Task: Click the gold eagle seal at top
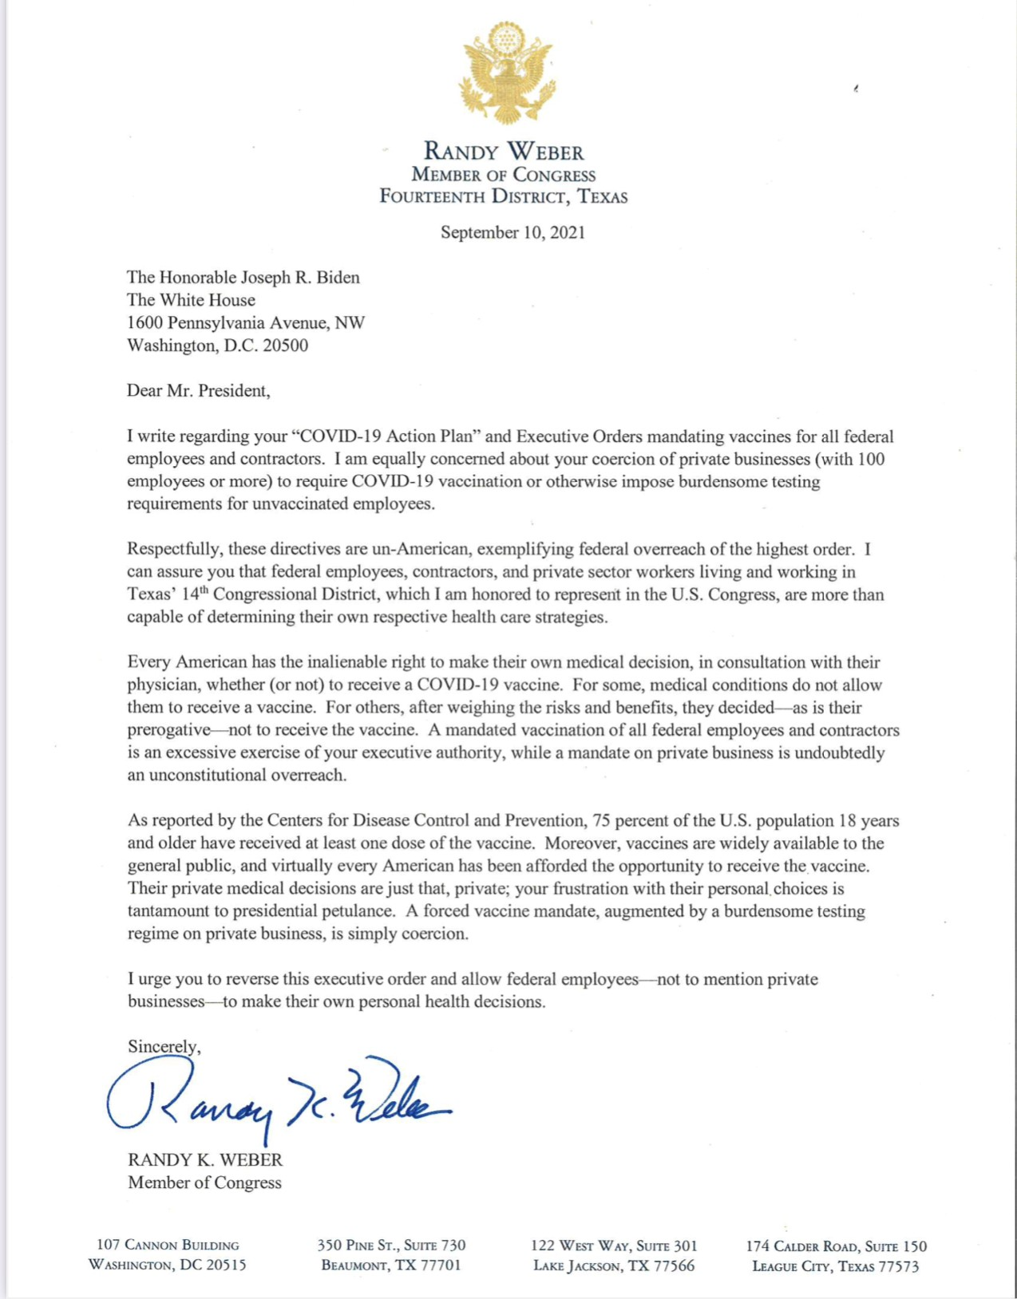506,73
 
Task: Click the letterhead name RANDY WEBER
504,152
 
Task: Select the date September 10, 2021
512,232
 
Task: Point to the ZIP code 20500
286,345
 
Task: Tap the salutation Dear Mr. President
198,390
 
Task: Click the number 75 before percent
602,820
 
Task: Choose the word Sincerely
164,1046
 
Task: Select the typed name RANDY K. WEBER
205,1159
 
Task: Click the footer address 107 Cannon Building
168,1245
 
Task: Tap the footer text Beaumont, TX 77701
391,1265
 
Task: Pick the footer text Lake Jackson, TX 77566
614,1265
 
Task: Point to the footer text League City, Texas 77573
836,1266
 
